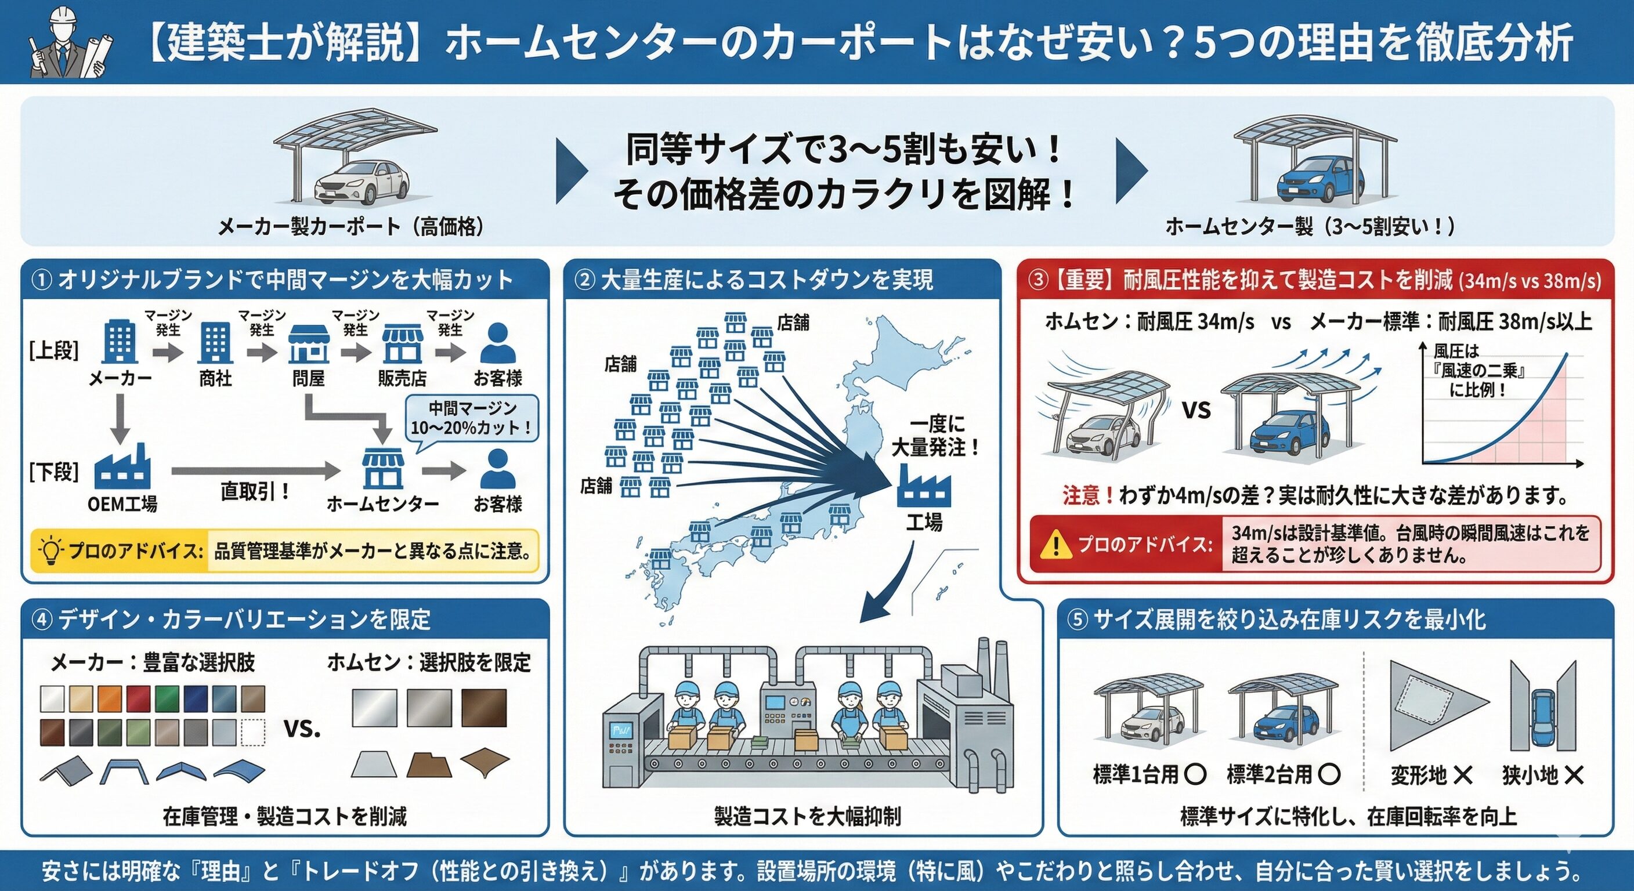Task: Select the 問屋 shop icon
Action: (308, 345)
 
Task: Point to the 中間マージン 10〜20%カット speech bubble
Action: (472, 418)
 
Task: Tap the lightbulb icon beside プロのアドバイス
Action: (50, 550)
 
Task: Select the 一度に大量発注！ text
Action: (935, 436)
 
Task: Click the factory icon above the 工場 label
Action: (924, 485)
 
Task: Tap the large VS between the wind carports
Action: (1196, 410)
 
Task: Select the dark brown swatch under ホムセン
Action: (484, 708)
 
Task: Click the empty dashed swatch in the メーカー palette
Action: (253, 733)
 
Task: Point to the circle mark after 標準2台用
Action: (1329, 774)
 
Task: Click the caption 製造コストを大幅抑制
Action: (807, 816)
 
